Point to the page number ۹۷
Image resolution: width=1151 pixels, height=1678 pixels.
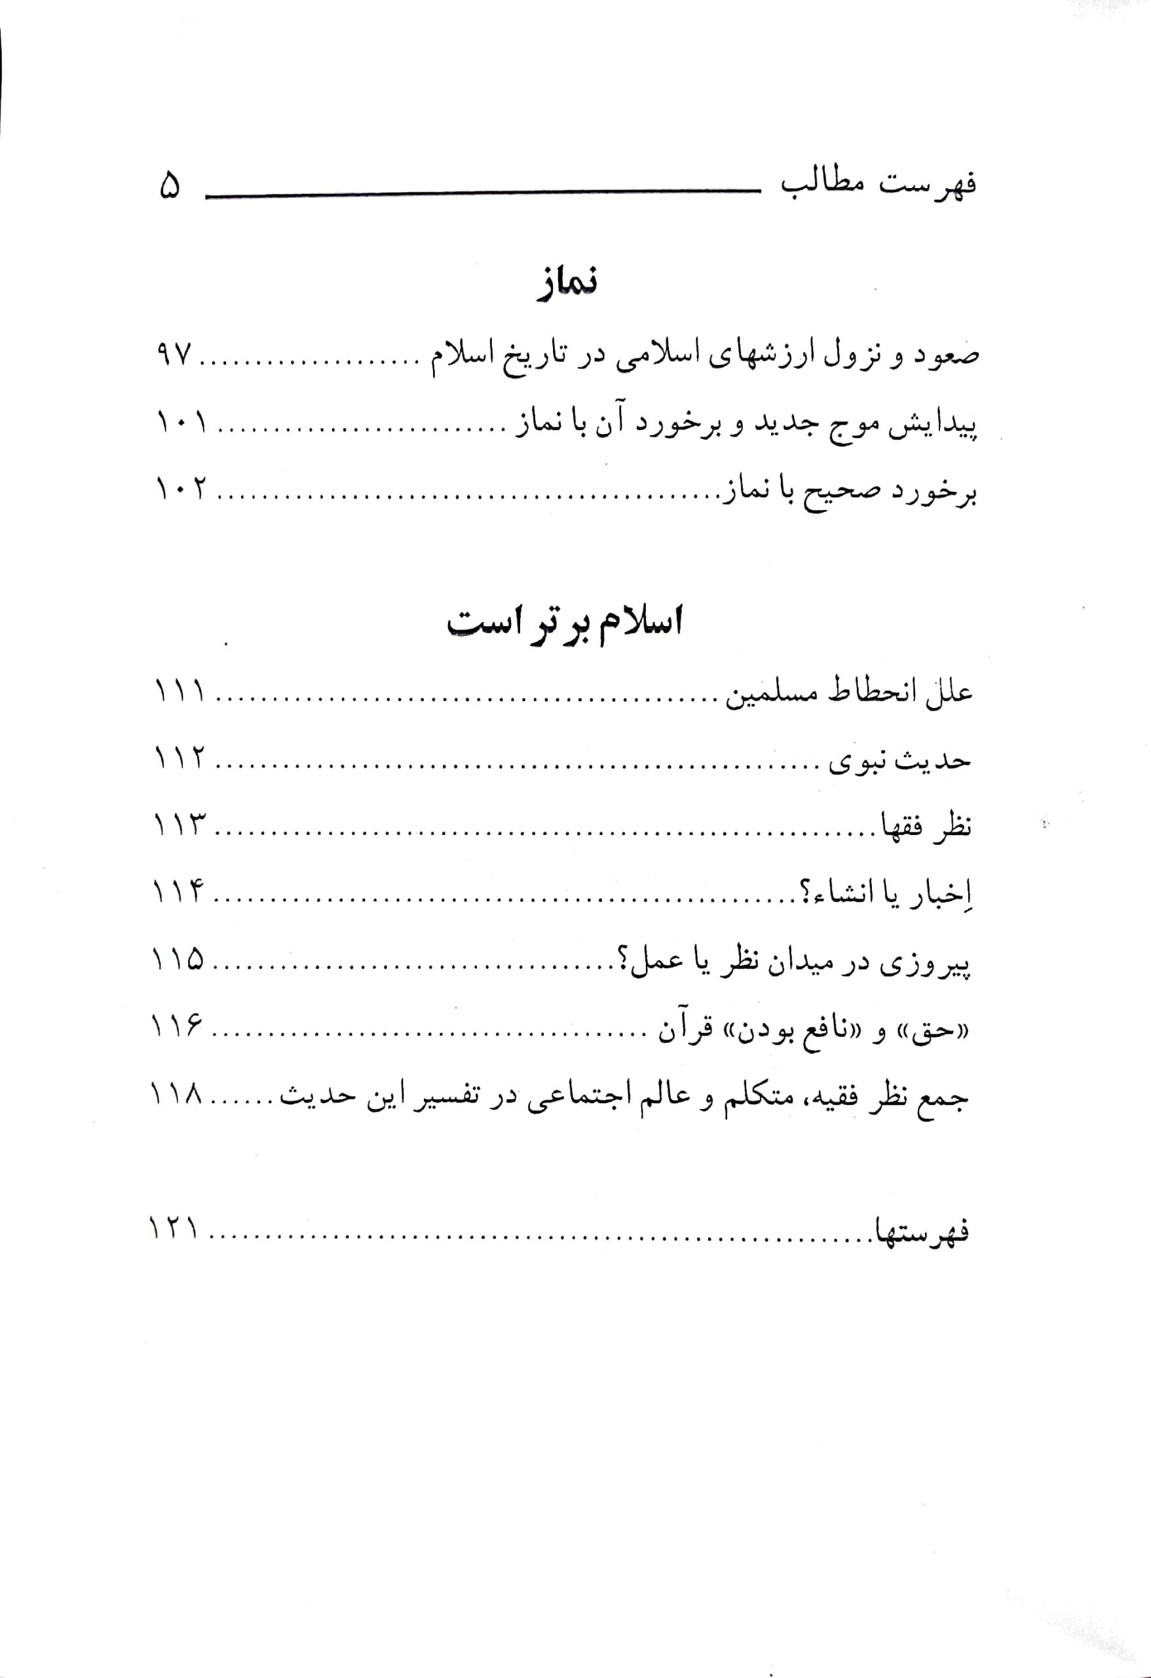point(173,355)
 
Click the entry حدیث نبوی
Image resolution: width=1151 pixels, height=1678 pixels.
point(899,760)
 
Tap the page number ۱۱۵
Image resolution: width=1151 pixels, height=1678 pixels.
point(179,961)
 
